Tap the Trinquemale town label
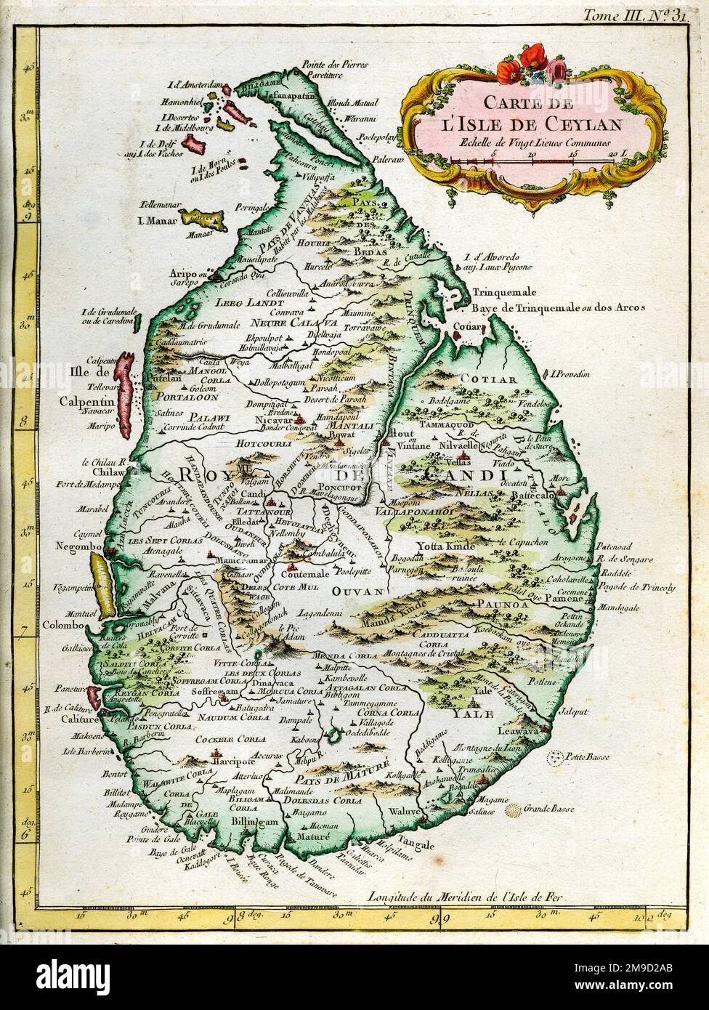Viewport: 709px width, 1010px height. (x=507, y=292)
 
